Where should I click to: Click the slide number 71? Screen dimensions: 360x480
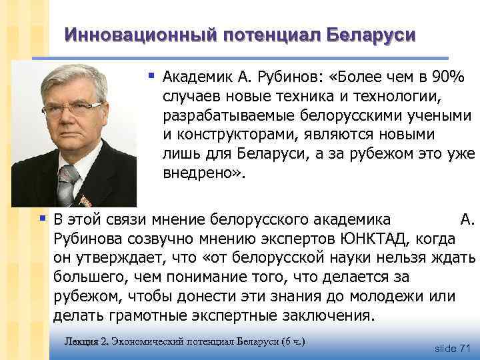[465, 348]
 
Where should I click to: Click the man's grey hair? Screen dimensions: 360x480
[73, 75]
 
